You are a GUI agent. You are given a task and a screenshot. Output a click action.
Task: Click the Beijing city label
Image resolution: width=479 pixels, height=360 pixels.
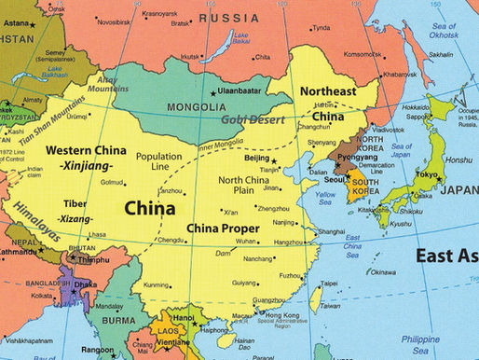pos(255,159)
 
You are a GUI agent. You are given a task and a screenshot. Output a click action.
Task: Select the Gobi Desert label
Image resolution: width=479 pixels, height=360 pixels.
pos(254,119)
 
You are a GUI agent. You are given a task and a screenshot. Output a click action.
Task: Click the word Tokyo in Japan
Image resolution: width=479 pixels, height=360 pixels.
pos(428,175)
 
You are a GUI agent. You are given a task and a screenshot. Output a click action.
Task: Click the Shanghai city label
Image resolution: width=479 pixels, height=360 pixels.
pos(332,231)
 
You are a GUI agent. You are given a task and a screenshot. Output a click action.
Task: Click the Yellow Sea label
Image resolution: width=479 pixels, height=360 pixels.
pos(326,198)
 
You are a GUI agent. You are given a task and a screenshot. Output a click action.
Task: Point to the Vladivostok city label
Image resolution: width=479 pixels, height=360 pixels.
pos(388,130)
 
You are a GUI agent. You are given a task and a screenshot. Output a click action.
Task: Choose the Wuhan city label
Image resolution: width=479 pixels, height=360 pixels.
pos(247,242)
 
